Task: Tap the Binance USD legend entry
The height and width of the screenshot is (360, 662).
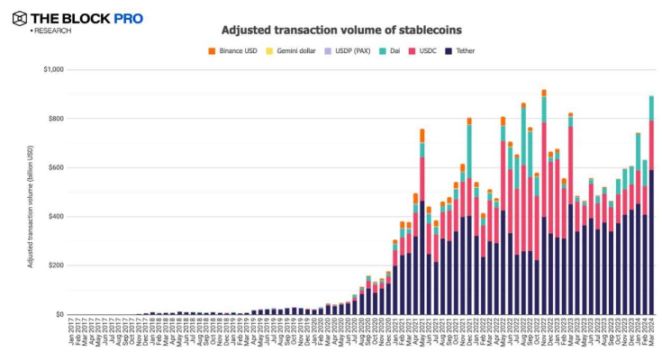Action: pyautogui.click(x=237, y=50)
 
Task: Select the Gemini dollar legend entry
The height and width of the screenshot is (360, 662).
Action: pyautogui.click(x=292, y=50)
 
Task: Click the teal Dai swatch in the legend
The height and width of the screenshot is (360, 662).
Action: pyautogui.click(x=383, y=50)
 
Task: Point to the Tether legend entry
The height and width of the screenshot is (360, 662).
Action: pyautogui.click(x=459, y=50)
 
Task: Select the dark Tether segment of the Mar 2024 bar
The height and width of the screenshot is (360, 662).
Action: pyautogui.click(x=651, y=243)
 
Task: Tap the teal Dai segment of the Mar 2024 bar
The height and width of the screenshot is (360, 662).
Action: pyautogui.click(x=651, y=108)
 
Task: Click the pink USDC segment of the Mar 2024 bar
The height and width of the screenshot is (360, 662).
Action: pyautogui.click(x=651, y=145)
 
